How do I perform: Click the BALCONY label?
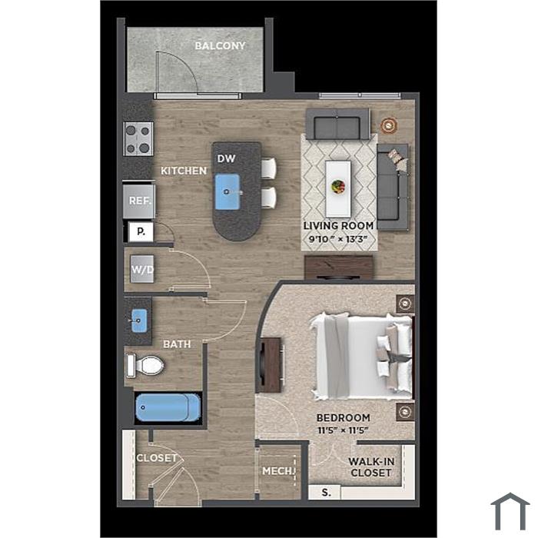pos(220,45)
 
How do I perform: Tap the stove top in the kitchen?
pos(138,139)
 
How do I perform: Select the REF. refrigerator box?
pos(139,201)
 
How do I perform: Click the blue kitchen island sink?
pos(227,192)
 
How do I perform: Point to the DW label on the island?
pos(227,158)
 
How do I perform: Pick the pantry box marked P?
pos(141,231)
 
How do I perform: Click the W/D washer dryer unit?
pos(142,269)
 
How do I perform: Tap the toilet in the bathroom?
pos(145,366)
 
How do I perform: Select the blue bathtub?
pos(168,407)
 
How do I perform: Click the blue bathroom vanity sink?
pos(139,320)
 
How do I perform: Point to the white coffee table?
pos(338,189)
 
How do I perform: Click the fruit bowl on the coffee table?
pos(338,187)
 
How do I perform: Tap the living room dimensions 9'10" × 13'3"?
pos(338,239)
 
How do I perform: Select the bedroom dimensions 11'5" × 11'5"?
pos(343,430)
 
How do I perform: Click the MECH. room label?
pos(278,471)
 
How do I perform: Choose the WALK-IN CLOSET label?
pos(371,467)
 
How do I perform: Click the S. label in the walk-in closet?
pos(327,493)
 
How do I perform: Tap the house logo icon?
pos(510,511)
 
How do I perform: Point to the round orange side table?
pos(389,125)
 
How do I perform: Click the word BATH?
pos(177,344)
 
